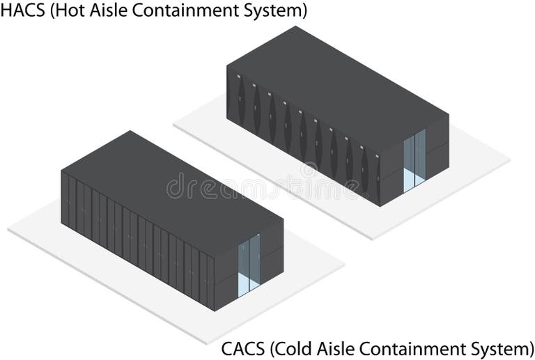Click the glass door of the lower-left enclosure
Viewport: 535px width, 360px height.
coord(249,264)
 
